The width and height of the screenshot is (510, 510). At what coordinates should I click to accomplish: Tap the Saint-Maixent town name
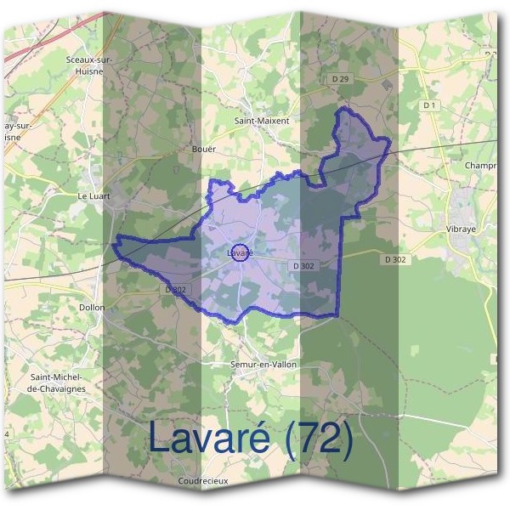pos(262,121)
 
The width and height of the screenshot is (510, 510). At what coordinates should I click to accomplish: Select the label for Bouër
pos(206,149)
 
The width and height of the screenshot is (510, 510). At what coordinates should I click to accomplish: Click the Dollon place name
pos(92,307)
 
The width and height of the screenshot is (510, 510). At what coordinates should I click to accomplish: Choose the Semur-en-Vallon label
pos(263,364)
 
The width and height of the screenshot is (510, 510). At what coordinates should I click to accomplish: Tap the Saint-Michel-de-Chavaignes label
pos(58,382)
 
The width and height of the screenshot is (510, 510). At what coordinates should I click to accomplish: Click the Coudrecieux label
pos(203,480)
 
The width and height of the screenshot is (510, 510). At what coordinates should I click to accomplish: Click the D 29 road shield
pos(341,79)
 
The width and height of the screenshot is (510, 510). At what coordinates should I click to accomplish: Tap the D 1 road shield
pos(428,105)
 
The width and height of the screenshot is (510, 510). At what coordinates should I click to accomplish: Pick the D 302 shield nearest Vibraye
pos(395,258)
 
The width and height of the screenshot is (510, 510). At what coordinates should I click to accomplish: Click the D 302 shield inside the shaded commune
pos(304,266)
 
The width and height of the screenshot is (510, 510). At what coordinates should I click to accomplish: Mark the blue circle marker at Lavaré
pos(240,252)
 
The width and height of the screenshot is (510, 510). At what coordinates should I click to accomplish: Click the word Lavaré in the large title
pos(208,437)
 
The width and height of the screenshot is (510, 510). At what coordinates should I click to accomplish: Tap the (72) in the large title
pos(319,437)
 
